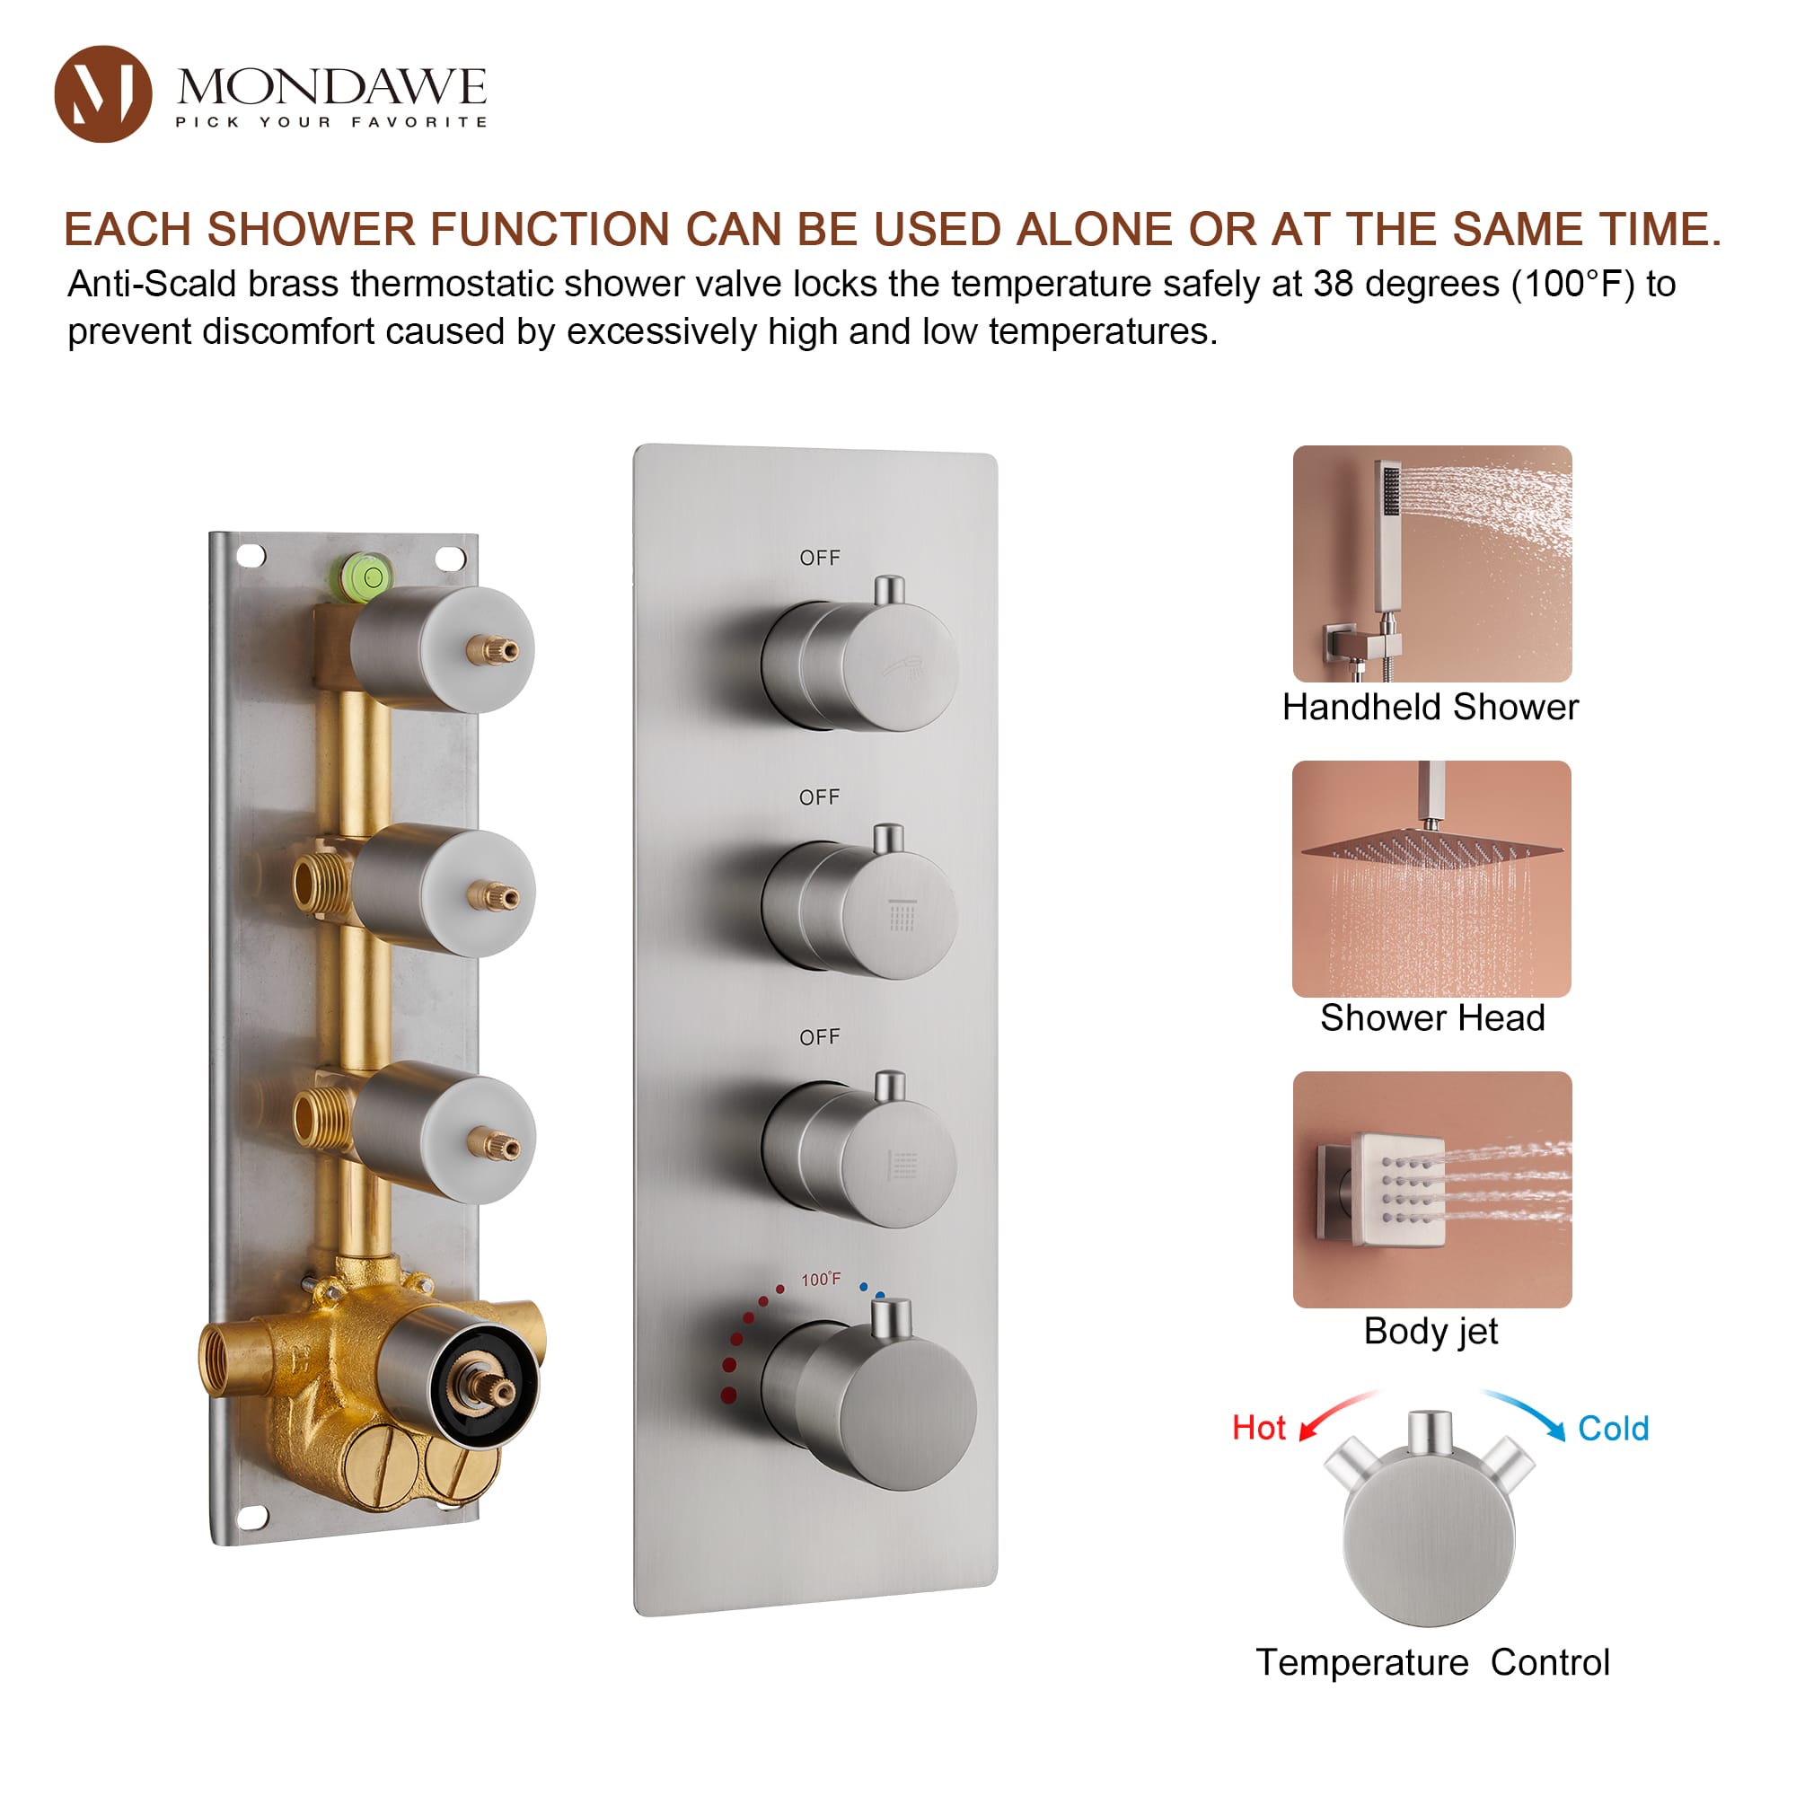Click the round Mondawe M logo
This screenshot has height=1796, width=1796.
(103, 94)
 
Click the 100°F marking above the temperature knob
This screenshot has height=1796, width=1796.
(821, 1280)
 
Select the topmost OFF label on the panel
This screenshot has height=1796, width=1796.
(820, 558)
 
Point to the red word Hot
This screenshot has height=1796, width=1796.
(1259, 1428)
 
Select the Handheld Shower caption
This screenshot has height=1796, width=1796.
(1430, 708)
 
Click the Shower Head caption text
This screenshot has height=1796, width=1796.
(1431, 1018)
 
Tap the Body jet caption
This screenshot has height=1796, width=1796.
(1430, 1331)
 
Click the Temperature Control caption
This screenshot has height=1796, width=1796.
(1431, 1662)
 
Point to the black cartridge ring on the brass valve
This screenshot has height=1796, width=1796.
(483, 1385)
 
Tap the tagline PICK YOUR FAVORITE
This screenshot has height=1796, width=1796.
(331, 122)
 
